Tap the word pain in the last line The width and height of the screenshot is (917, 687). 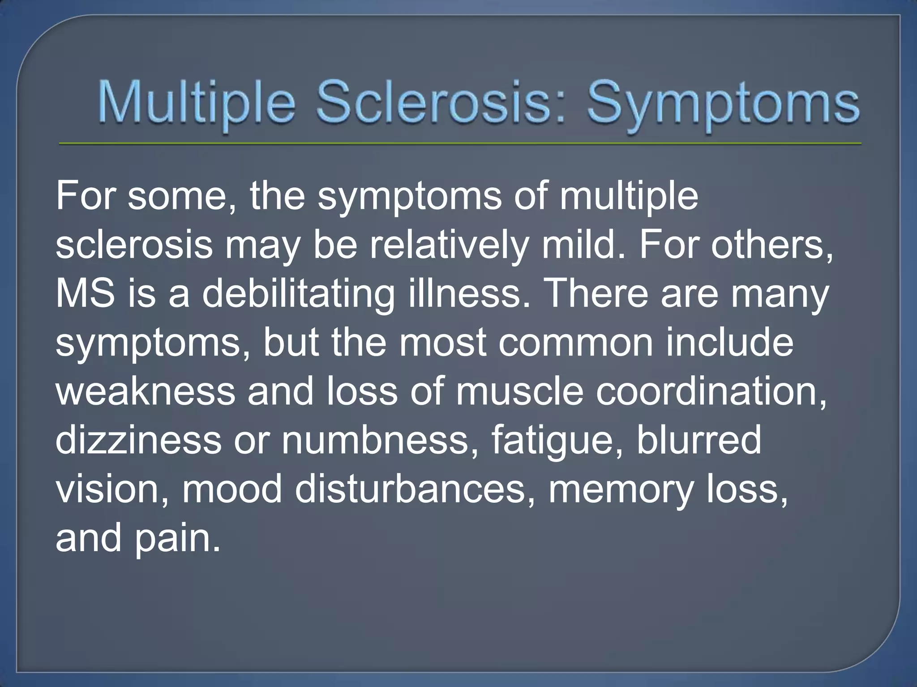click(177, 539)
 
